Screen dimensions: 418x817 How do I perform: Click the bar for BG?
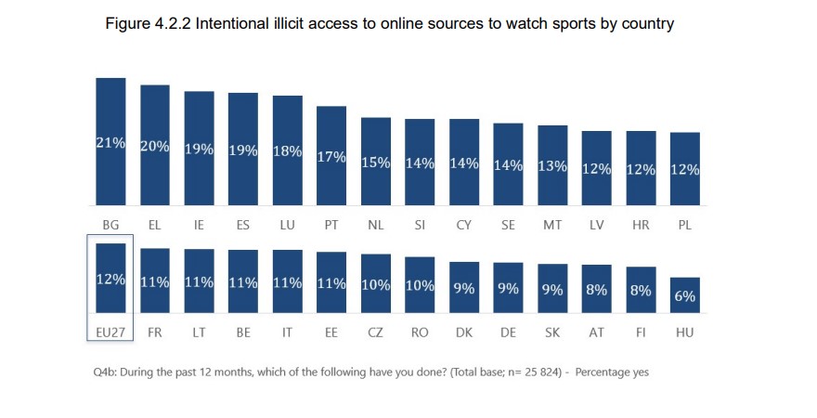tap(110, 141)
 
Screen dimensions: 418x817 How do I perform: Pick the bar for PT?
tap(331, 155)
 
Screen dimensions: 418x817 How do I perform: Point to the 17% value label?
tap(331, 157)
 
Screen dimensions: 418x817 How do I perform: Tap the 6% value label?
tap(685, 296)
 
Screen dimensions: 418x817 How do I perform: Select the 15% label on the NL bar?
tap(375, 163)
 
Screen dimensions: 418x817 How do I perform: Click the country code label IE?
tap(199, 225)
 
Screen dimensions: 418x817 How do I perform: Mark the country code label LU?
tap(287, 225)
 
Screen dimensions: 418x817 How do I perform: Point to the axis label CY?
tap(463, 225)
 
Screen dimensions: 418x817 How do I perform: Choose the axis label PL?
tap(685, 225)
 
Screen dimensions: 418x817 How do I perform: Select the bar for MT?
tap(552, 165)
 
